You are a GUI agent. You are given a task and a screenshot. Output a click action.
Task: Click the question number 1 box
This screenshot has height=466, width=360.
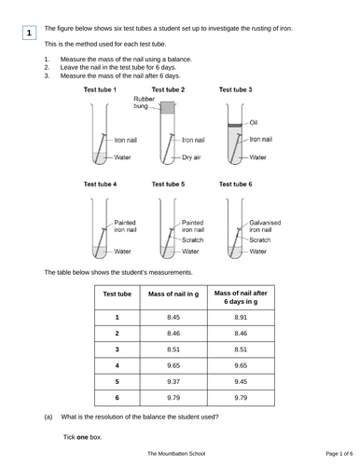coord(29,34)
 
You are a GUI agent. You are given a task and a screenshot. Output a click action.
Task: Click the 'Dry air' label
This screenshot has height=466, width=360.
coord(193,158)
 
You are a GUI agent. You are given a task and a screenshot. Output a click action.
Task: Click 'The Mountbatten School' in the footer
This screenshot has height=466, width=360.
coord(178,453)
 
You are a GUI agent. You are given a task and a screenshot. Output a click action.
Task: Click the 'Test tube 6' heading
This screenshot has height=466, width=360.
coord(235,185)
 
